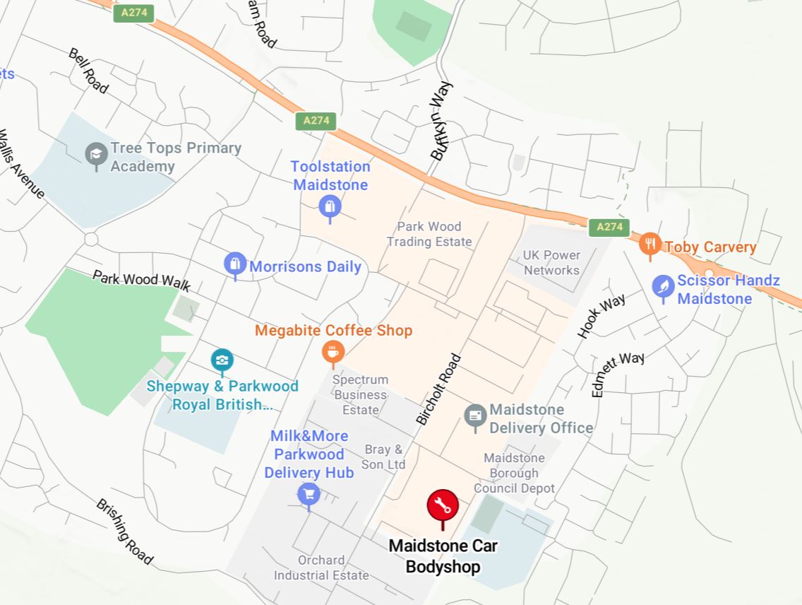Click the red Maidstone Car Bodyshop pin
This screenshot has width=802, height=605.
click(443, 506)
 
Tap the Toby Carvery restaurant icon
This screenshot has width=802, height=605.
click(650, 245)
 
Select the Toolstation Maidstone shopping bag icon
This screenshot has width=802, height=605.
click(330, 207)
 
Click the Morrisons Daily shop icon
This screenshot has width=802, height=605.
click(235, 264)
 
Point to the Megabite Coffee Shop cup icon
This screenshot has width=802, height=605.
click(333, 351)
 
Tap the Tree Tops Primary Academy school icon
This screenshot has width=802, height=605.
click(96, 154)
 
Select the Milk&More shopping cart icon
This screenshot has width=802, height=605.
click(309, 493)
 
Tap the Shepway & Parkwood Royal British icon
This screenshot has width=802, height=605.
click(222, 360)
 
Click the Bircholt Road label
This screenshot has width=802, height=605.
click(438, 389)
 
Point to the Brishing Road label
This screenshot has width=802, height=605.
click(124, 531)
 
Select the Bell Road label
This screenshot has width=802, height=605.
click(88, 71)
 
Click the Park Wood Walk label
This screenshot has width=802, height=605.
click(141, 280)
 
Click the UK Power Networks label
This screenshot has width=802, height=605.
click(551, 262)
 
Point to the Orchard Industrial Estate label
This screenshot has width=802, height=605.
click(321, 568)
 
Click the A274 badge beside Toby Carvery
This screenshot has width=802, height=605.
click(609, 227)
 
